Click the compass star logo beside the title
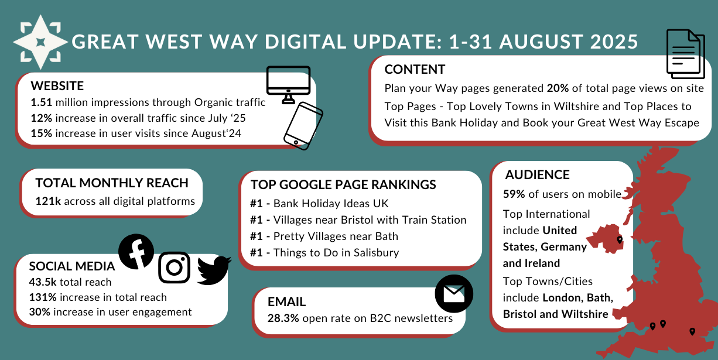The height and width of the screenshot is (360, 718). (x=40, y=42)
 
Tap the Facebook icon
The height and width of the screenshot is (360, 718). (x=136, y=252)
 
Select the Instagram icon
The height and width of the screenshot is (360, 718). (x=175, y=268)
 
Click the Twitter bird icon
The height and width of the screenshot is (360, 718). (x=214, y=270)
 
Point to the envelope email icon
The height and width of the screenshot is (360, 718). (x=454, y=293)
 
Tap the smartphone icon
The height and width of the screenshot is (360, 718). (x=303, y=126)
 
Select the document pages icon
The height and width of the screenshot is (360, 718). (x=686, y=54)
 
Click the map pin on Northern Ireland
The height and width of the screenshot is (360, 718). (x=620, y=240)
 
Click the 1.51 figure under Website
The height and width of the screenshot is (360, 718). (x=42, y=102)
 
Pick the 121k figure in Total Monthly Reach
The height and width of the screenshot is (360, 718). (x=48, y=201)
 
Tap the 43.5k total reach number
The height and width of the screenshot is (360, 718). (x=43, y=282)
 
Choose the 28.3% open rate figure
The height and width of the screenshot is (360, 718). (x=283, y=318)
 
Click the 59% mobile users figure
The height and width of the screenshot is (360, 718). (x=514, y=194)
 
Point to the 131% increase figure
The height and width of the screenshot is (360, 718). (x=43, y=297)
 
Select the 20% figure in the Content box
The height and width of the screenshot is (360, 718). (x=558, y=88)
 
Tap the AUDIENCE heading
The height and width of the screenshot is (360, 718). (x=538, y=175)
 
